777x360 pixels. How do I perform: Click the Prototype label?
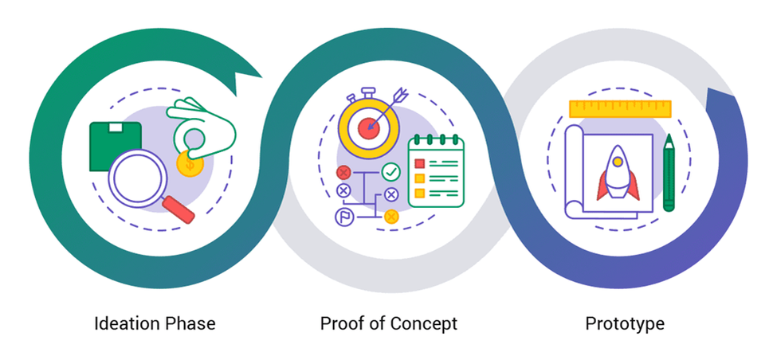(624, 323)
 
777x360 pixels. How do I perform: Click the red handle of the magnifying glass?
(179, 208)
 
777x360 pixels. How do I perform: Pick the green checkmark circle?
(390, 171)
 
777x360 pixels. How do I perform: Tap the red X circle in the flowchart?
(343, 172)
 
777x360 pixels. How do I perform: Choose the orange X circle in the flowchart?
(390, 216)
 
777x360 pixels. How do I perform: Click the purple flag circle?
(343, 216)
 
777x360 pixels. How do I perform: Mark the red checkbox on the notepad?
(418, 164)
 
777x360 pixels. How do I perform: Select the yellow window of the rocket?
(617, 162)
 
